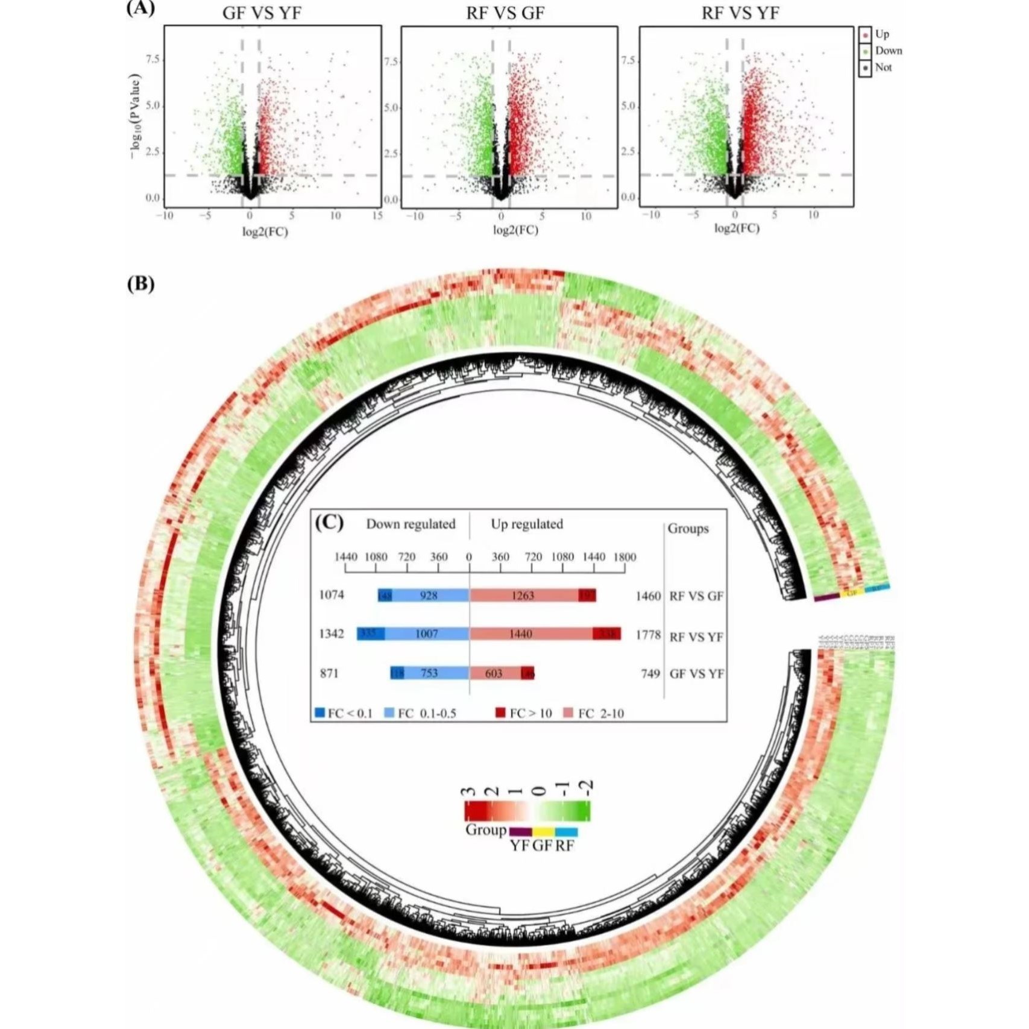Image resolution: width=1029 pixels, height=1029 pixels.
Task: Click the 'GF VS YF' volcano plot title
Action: pyautogui.click(x=262, y=13)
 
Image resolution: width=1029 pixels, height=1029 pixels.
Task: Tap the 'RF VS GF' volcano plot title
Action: pyautogui.click(x=505, y=13)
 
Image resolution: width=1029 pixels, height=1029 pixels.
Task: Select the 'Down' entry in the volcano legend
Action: pyautogui.click(x=888, y=51)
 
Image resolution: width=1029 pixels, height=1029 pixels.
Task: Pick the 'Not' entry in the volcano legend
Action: pyautogui.click(x=883, y=68)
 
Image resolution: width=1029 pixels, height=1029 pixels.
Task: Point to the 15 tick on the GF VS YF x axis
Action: pyautogui.click(x=377, y=216)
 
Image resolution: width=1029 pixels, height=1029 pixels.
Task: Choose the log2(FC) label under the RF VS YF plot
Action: pyautogui.click(x=737, y=228)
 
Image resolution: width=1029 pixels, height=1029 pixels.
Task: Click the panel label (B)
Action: pyautogui.click(x=140, y=283)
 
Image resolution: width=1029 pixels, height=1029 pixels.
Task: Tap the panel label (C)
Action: pyautogui.click(x=329, y=522)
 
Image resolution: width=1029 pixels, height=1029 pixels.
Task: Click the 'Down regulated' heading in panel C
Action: pyautogui.click(x=411, y=524)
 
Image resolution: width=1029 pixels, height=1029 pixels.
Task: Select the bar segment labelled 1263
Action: pyautogui.click(x=523, y=596)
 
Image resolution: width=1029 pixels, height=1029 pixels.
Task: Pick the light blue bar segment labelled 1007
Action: pyautogui.click(x=427, y=634)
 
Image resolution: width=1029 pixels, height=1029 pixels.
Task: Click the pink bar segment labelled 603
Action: pyautogui.click(x=494, y=673)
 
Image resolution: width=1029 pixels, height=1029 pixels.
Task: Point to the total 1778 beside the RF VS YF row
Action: pyautogui.click(x=648, y=635)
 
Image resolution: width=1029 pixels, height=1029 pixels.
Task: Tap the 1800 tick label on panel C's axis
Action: pyautogui.click(x=625, y=557)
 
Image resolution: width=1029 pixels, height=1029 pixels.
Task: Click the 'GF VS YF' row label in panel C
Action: pyautogui.click(x=697, y=674)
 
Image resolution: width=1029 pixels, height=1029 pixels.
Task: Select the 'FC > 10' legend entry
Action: pyautogui.click(x=523, y=713)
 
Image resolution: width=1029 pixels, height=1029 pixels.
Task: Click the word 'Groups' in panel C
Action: pyautogui.click(x=688, y=529)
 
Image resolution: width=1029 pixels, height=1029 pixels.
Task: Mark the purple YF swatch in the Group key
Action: pyautogui.click(x=520, y=832)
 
